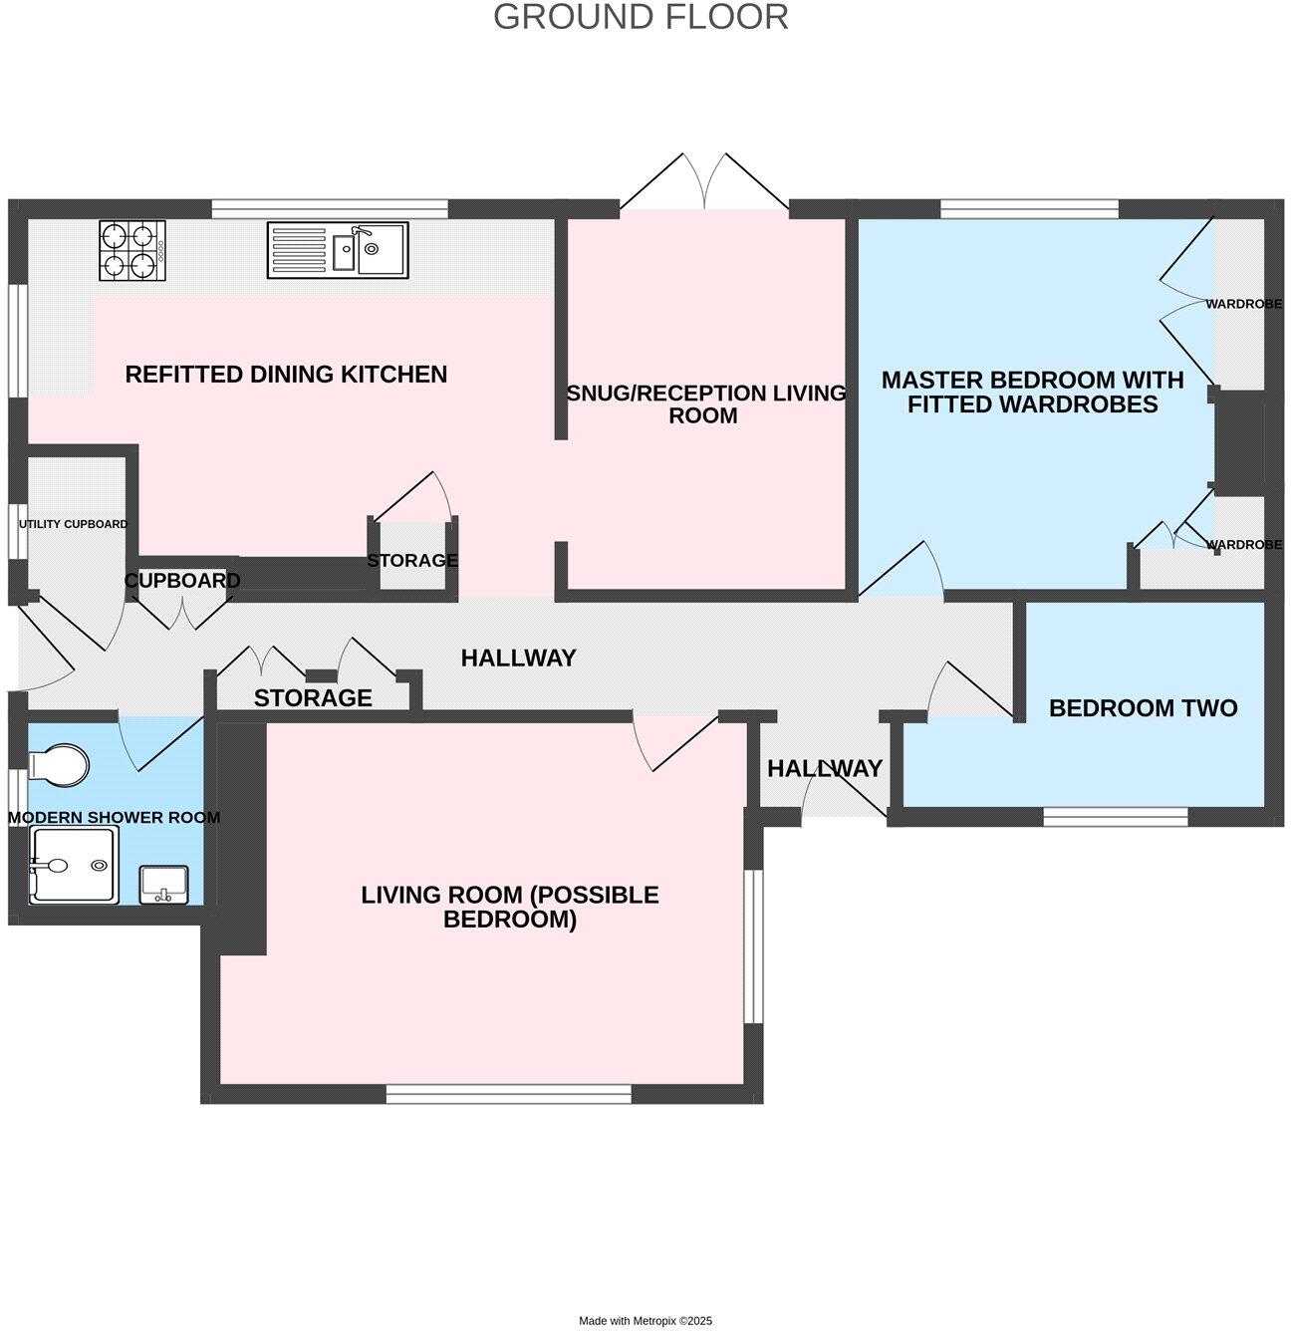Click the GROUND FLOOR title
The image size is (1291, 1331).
(641, 17)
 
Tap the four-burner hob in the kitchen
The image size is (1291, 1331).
(131, 250)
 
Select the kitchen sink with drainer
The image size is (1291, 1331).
(337, 250)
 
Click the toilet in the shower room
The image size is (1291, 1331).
(59, 763)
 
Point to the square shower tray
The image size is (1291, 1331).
(74, 864)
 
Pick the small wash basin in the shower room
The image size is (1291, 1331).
(163, 884)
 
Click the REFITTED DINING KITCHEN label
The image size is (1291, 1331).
(286, 375)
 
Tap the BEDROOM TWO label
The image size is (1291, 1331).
(1143, 707)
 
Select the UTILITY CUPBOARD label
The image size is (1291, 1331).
(73, 524)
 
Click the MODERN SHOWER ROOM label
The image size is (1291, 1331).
(115, 817)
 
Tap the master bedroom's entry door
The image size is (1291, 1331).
(902, 568)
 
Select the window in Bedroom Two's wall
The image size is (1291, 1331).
(1116, 816)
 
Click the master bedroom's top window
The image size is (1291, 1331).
(1029, 208)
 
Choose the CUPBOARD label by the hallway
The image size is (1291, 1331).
(182, 580)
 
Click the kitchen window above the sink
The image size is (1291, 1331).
(330, 208)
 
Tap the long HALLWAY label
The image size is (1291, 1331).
(518, 658)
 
